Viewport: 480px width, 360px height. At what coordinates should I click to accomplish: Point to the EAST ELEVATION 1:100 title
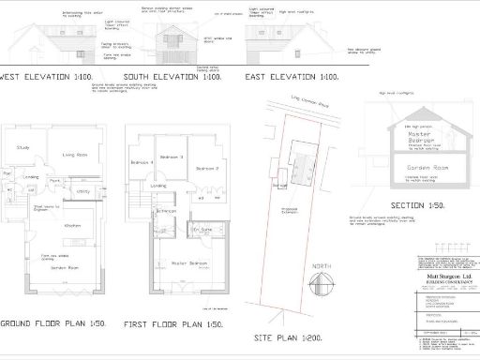pos(291,77)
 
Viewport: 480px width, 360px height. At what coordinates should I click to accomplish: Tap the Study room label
pos(24,148)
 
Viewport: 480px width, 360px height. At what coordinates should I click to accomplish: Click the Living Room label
pos(74,155)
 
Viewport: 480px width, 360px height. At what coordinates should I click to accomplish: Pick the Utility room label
pos(83,191)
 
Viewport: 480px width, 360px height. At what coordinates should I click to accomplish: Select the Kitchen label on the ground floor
pos(72,226)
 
